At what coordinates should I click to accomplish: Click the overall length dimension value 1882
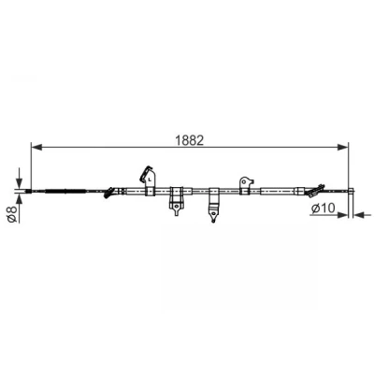[190, 140]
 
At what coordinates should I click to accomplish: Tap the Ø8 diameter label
[13, 213]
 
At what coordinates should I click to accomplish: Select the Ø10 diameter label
[323, 208]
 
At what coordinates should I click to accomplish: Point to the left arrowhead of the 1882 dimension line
[36, 147]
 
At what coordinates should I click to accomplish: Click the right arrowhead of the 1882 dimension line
[343, 147]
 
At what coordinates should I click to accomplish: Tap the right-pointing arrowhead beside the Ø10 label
[342, 214]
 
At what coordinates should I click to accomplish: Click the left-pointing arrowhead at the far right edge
[358, 214]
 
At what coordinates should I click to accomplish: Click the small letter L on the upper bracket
[150, 180]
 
